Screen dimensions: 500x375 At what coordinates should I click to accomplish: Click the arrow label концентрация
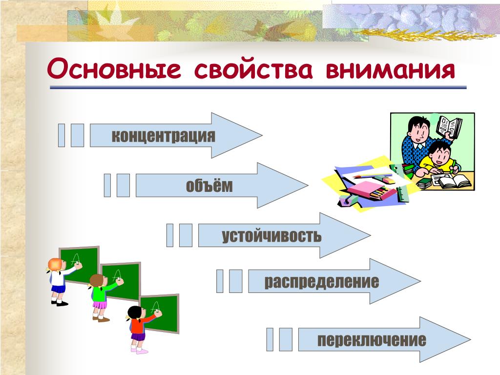click(x=163, y=136)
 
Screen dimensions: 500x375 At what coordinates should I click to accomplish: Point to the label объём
click(x=209, y=185)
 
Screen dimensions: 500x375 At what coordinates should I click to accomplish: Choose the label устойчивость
click(x=271, y=236)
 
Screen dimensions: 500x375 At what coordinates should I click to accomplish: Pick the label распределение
click(x=321, y=282)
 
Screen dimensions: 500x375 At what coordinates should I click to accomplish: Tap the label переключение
click(x=372, y=340)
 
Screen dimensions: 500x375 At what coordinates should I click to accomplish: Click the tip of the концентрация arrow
click(x=262, y=135)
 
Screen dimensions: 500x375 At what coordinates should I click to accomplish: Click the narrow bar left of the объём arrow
click(x=107, y=185)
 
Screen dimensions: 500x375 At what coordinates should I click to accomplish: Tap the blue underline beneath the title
click(x=258, y=87)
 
